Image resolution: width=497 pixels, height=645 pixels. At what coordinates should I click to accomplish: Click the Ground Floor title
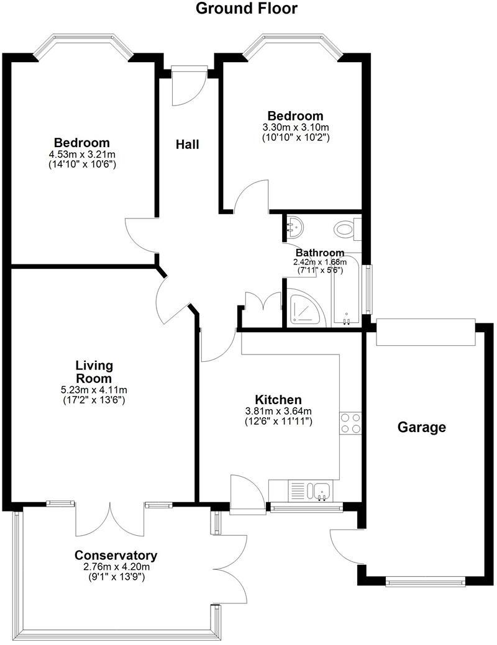(247, 9)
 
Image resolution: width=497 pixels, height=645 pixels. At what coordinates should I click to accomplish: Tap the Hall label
(187, 145)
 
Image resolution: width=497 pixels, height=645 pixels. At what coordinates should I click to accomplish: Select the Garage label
(422, 427)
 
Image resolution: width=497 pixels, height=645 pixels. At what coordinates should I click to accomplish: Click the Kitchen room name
(278, 400)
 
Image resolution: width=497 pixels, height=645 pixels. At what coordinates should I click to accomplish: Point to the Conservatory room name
(116, 555)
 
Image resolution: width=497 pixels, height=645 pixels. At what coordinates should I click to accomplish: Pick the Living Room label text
(94, 371)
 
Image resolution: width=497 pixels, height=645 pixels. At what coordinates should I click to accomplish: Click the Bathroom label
(320, 253)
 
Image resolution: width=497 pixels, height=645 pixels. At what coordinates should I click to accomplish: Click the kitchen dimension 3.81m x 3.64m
(278, 411)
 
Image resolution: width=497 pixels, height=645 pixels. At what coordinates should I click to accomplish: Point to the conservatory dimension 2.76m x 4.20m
(116, 566)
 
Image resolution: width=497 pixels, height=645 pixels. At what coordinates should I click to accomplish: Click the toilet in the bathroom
(345, 229)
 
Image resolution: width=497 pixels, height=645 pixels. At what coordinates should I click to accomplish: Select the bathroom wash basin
(294, 227)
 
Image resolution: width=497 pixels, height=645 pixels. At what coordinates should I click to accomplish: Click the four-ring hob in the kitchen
(350, 423)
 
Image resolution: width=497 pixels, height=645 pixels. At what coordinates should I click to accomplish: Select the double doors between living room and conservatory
(111, 518)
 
